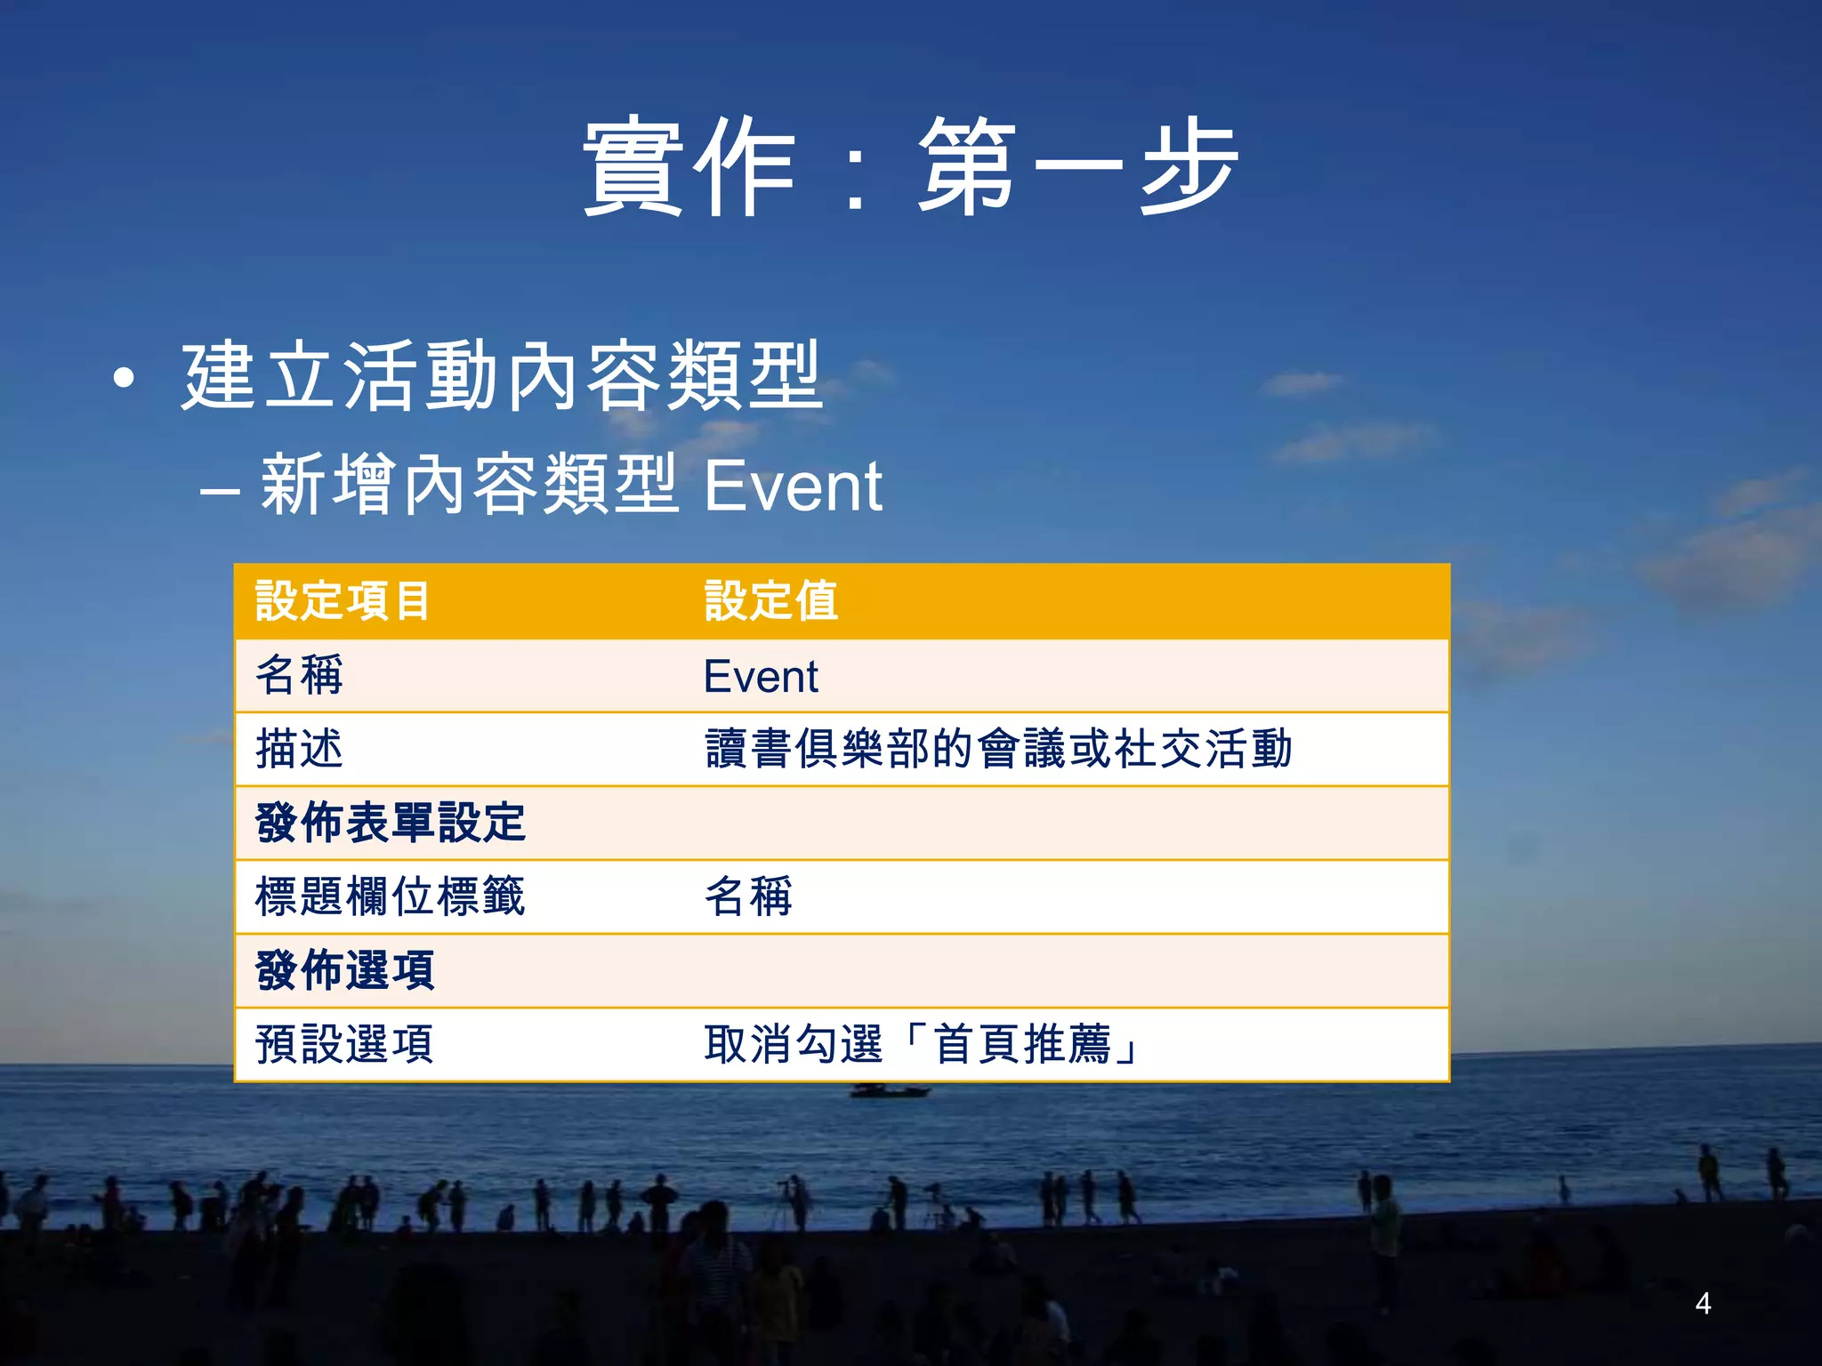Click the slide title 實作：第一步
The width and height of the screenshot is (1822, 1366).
[x=910, y=167]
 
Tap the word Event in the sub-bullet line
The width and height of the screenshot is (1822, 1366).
[x=793, y=486]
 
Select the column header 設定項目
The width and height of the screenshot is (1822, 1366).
[x=343, y=601]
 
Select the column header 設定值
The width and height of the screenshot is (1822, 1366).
[x=770, y=601]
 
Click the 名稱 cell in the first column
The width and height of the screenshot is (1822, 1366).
[x=299, y=675]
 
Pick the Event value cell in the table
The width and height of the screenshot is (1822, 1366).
[x=760, y=677]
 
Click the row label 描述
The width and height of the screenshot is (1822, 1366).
[x=299, y=749]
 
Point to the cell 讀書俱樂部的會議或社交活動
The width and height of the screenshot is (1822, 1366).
[x=997, y=749]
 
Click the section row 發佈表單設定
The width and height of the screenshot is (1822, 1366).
[x=390, y=823]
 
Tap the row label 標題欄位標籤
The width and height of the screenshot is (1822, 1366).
[x=390, y=896]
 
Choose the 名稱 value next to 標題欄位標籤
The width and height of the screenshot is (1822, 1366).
[x=748, y=896]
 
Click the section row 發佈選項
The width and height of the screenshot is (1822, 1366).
[x=344, y=970]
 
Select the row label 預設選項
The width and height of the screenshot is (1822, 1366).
[x=344, y=1044]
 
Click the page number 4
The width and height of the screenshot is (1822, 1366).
[x=1703, y=1304]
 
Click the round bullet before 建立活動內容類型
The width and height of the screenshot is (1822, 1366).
[x=125, y=380]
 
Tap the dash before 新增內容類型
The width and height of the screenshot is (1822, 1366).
[x=219, y=492]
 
